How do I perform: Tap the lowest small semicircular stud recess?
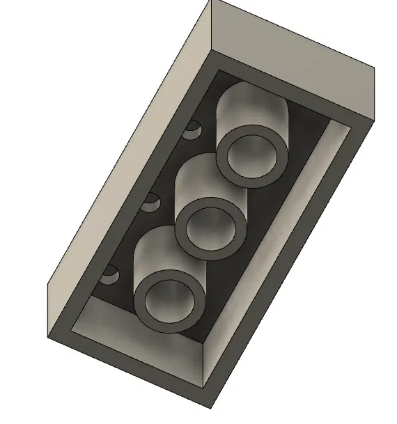tap(109, 277)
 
